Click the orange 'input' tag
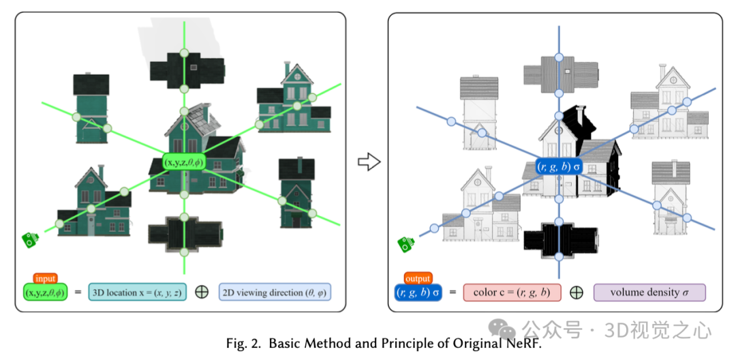pyautogui.click(x=46, y=278)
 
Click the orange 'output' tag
pyautogui.click(x=418, y=278)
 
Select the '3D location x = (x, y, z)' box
pyautogui.click(x=136, y=292)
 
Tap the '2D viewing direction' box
pyautogui.click(x=274, y=292)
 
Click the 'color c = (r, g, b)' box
pyautogui.click(x=512, y=292)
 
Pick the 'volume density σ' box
pyautogui.click(x=649, y=292)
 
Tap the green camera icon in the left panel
pyautogui.click(x=29, y=239)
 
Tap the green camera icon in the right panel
pyautogui.click(x=407, y=243)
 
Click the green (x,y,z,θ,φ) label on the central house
pyautogui.click(x=183, y=164)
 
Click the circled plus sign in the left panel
pyautogui.click(x=202, y=292)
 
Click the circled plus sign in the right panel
pyautogui.click(x=577, y=292)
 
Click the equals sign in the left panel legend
pyautogui.click(x=78, y=292)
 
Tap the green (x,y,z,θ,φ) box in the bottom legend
pyautogui.click(x=45, y=292)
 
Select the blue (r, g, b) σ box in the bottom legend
pyautogui.click(x=418, y=292)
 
